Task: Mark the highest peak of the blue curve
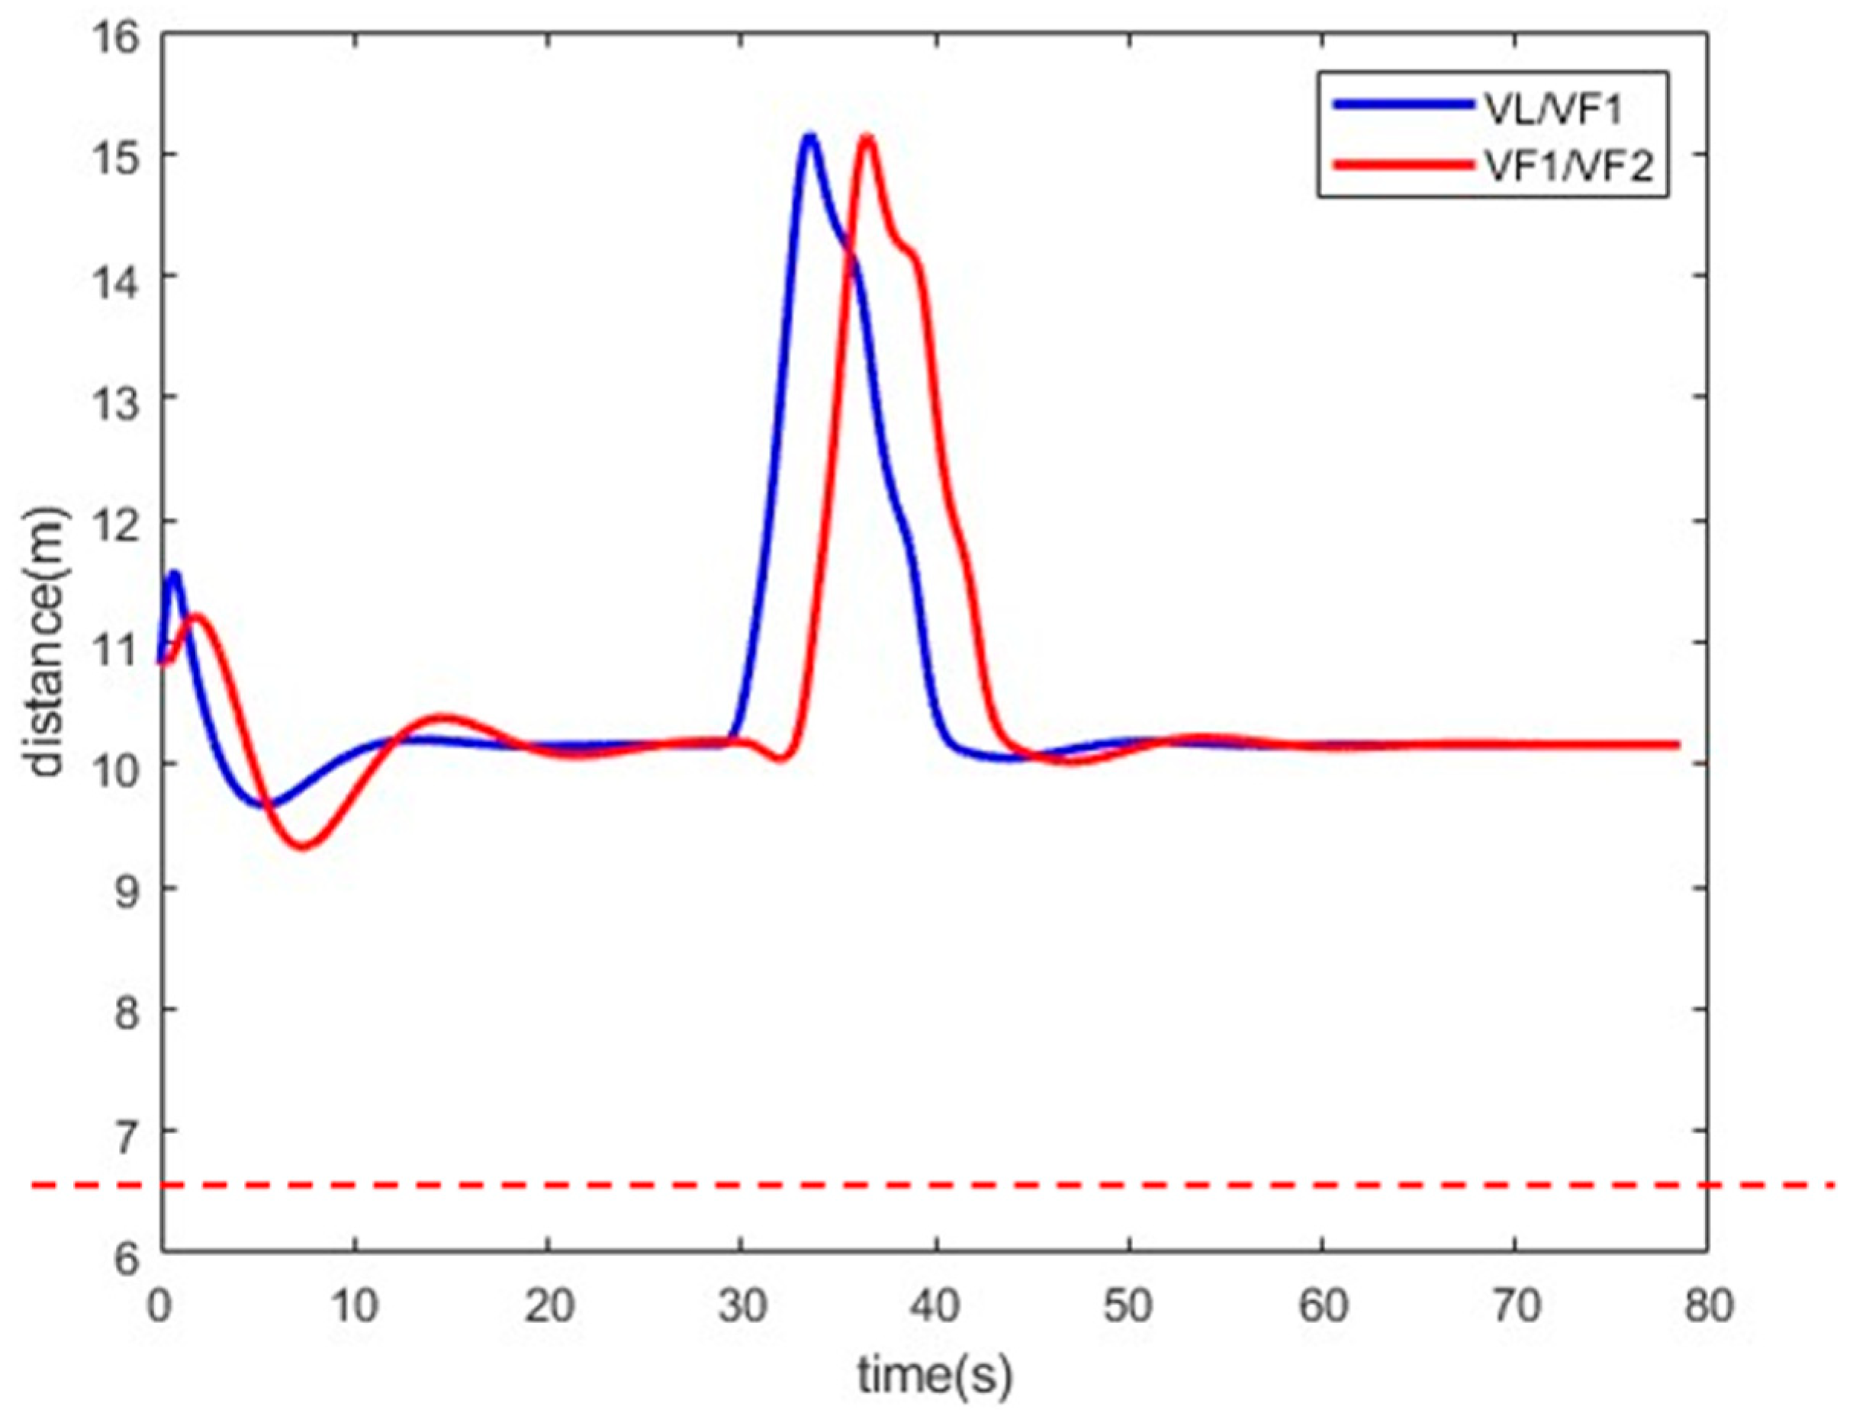[x=809, y=136]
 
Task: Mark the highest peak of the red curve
[x=866, y=137]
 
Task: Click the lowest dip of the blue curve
[x=274, y=803]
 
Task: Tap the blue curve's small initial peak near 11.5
[x=175, y=574]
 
